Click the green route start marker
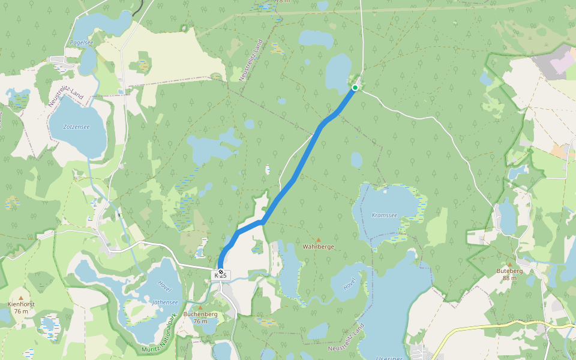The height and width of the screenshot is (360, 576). [355, 88]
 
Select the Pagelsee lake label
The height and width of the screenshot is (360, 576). [81, 43]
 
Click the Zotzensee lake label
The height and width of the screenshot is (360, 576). [77, 127]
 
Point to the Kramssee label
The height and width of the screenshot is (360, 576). [384, 215]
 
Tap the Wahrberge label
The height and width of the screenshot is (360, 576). [319, 247]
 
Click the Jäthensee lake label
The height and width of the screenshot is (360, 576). [165, 302]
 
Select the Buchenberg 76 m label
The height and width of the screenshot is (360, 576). [200, 317]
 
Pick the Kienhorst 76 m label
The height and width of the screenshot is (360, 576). [21, 307]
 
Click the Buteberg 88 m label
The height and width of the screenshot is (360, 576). [510, 274]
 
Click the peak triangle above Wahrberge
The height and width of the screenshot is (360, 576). [319, 239]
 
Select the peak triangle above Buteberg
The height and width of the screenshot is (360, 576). [510, 264]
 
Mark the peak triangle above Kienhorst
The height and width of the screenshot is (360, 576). [21, 298]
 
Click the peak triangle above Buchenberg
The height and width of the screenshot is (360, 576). [200, 307]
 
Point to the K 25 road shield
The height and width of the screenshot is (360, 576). [221, 275]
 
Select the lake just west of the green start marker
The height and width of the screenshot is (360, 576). [338, 71]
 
